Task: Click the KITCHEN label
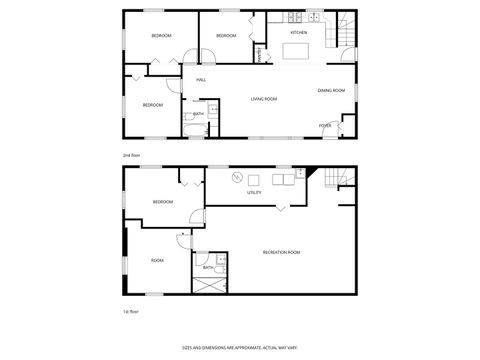click(x=298, y=33)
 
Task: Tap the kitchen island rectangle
click(x=300, y=47)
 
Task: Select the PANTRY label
click(x=259, y=56)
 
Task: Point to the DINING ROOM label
click(x=331, y=91)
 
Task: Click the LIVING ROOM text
click(x=264, y=99)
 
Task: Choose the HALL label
click(x=200, y=80)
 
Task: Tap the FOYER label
click(x=326, y=125)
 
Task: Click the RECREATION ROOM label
click(x=281, y=252)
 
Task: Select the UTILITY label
click(x=254, y=193)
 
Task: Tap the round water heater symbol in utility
click(x=236, y=178)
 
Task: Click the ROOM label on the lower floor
click(x=157, y=260)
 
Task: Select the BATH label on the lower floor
click(x=208, y=268)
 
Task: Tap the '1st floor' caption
click(x=128, y=313)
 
